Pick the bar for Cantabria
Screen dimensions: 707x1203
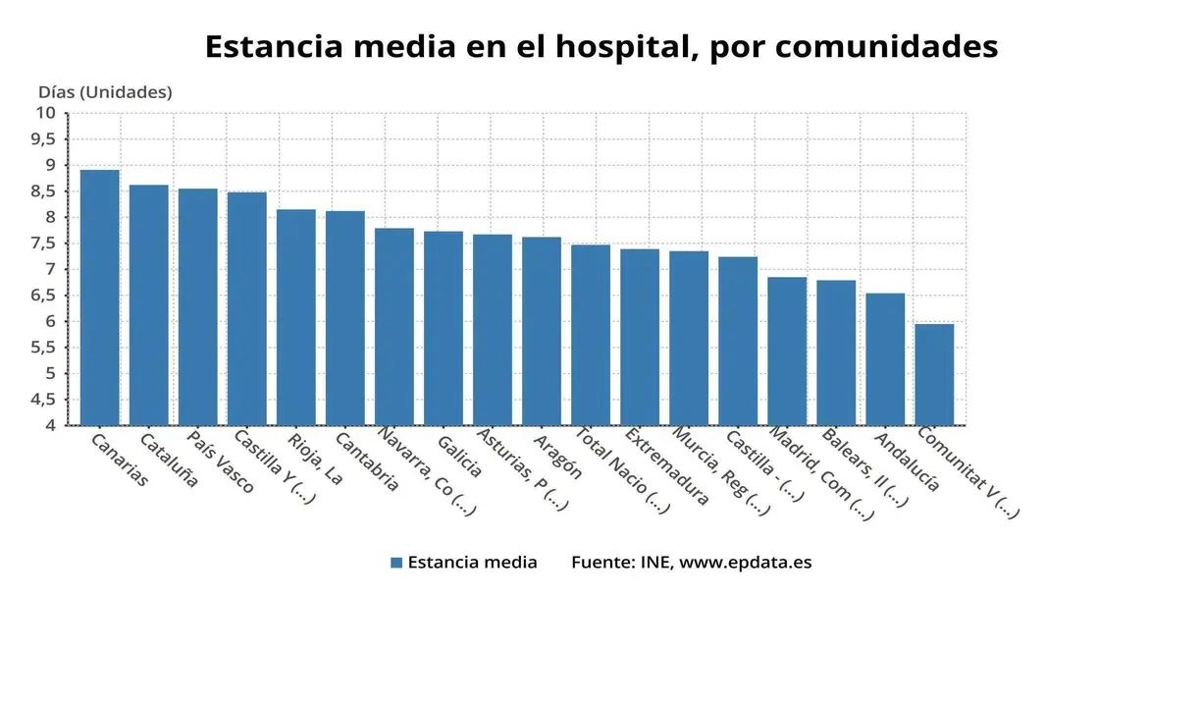(344, 318)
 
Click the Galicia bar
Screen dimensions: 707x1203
(443, 328)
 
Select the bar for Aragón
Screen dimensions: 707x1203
(541, 331)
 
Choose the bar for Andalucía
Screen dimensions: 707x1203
(884, 359)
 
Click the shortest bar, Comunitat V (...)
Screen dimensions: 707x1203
(933, 374)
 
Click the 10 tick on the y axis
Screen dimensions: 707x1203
(45, 113)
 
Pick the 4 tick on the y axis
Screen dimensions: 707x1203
(49, 425)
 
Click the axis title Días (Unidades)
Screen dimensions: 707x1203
(105, 92)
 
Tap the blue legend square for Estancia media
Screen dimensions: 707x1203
(396, 563)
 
